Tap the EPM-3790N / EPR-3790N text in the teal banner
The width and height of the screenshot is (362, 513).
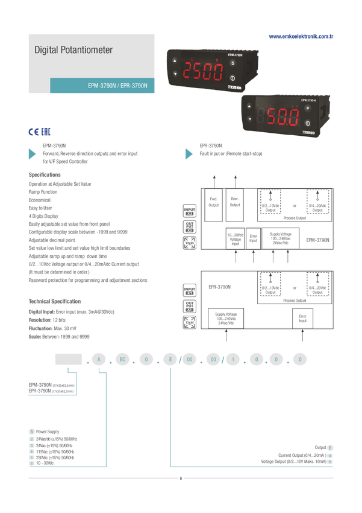122,86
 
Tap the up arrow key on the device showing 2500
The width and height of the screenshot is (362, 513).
175,61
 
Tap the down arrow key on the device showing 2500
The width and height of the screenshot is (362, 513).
175,74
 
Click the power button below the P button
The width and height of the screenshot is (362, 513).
307,123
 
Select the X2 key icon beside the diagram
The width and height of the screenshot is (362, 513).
190,215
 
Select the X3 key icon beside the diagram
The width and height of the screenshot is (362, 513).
190,231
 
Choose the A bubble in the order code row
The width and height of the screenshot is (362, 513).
98,360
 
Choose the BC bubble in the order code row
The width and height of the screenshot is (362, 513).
122,360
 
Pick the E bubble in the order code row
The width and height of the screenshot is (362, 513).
170,360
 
